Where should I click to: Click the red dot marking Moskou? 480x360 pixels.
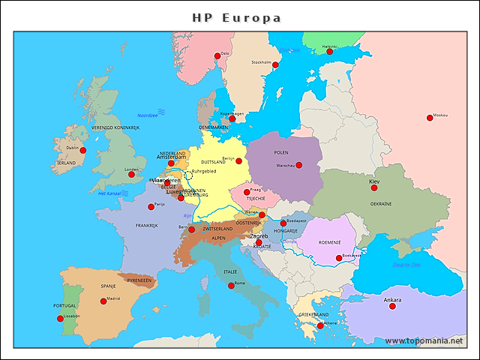[430, 117]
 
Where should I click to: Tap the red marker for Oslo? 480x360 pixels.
[217, 55]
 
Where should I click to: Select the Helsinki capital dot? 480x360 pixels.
[329, 52]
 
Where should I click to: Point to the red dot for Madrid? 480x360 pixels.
[103, 301]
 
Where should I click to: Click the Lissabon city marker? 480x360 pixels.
[60, 319]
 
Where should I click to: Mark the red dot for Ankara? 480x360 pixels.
[392, 306]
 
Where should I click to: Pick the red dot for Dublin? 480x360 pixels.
[83, 150]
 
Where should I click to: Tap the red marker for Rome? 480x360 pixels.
[231, 286]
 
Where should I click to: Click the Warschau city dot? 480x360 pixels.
[298, 165]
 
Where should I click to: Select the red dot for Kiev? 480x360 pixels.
[374, 187]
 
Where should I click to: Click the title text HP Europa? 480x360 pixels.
[237, 16]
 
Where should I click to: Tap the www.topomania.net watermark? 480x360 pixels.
[424, 340]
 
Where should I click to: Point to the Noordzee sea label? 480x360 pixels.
[148, 115]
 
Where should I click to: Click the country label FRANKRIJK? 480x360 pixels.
[146, 225]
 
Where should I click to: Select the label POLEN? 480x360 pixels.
[281, 152]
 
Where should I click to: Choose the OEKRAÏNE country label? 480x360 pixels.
[381, 203]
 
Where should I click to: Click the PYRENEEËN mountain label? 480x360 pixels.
[139, 280]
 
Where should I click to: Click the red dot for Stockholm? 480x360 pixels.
[275, 65]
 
